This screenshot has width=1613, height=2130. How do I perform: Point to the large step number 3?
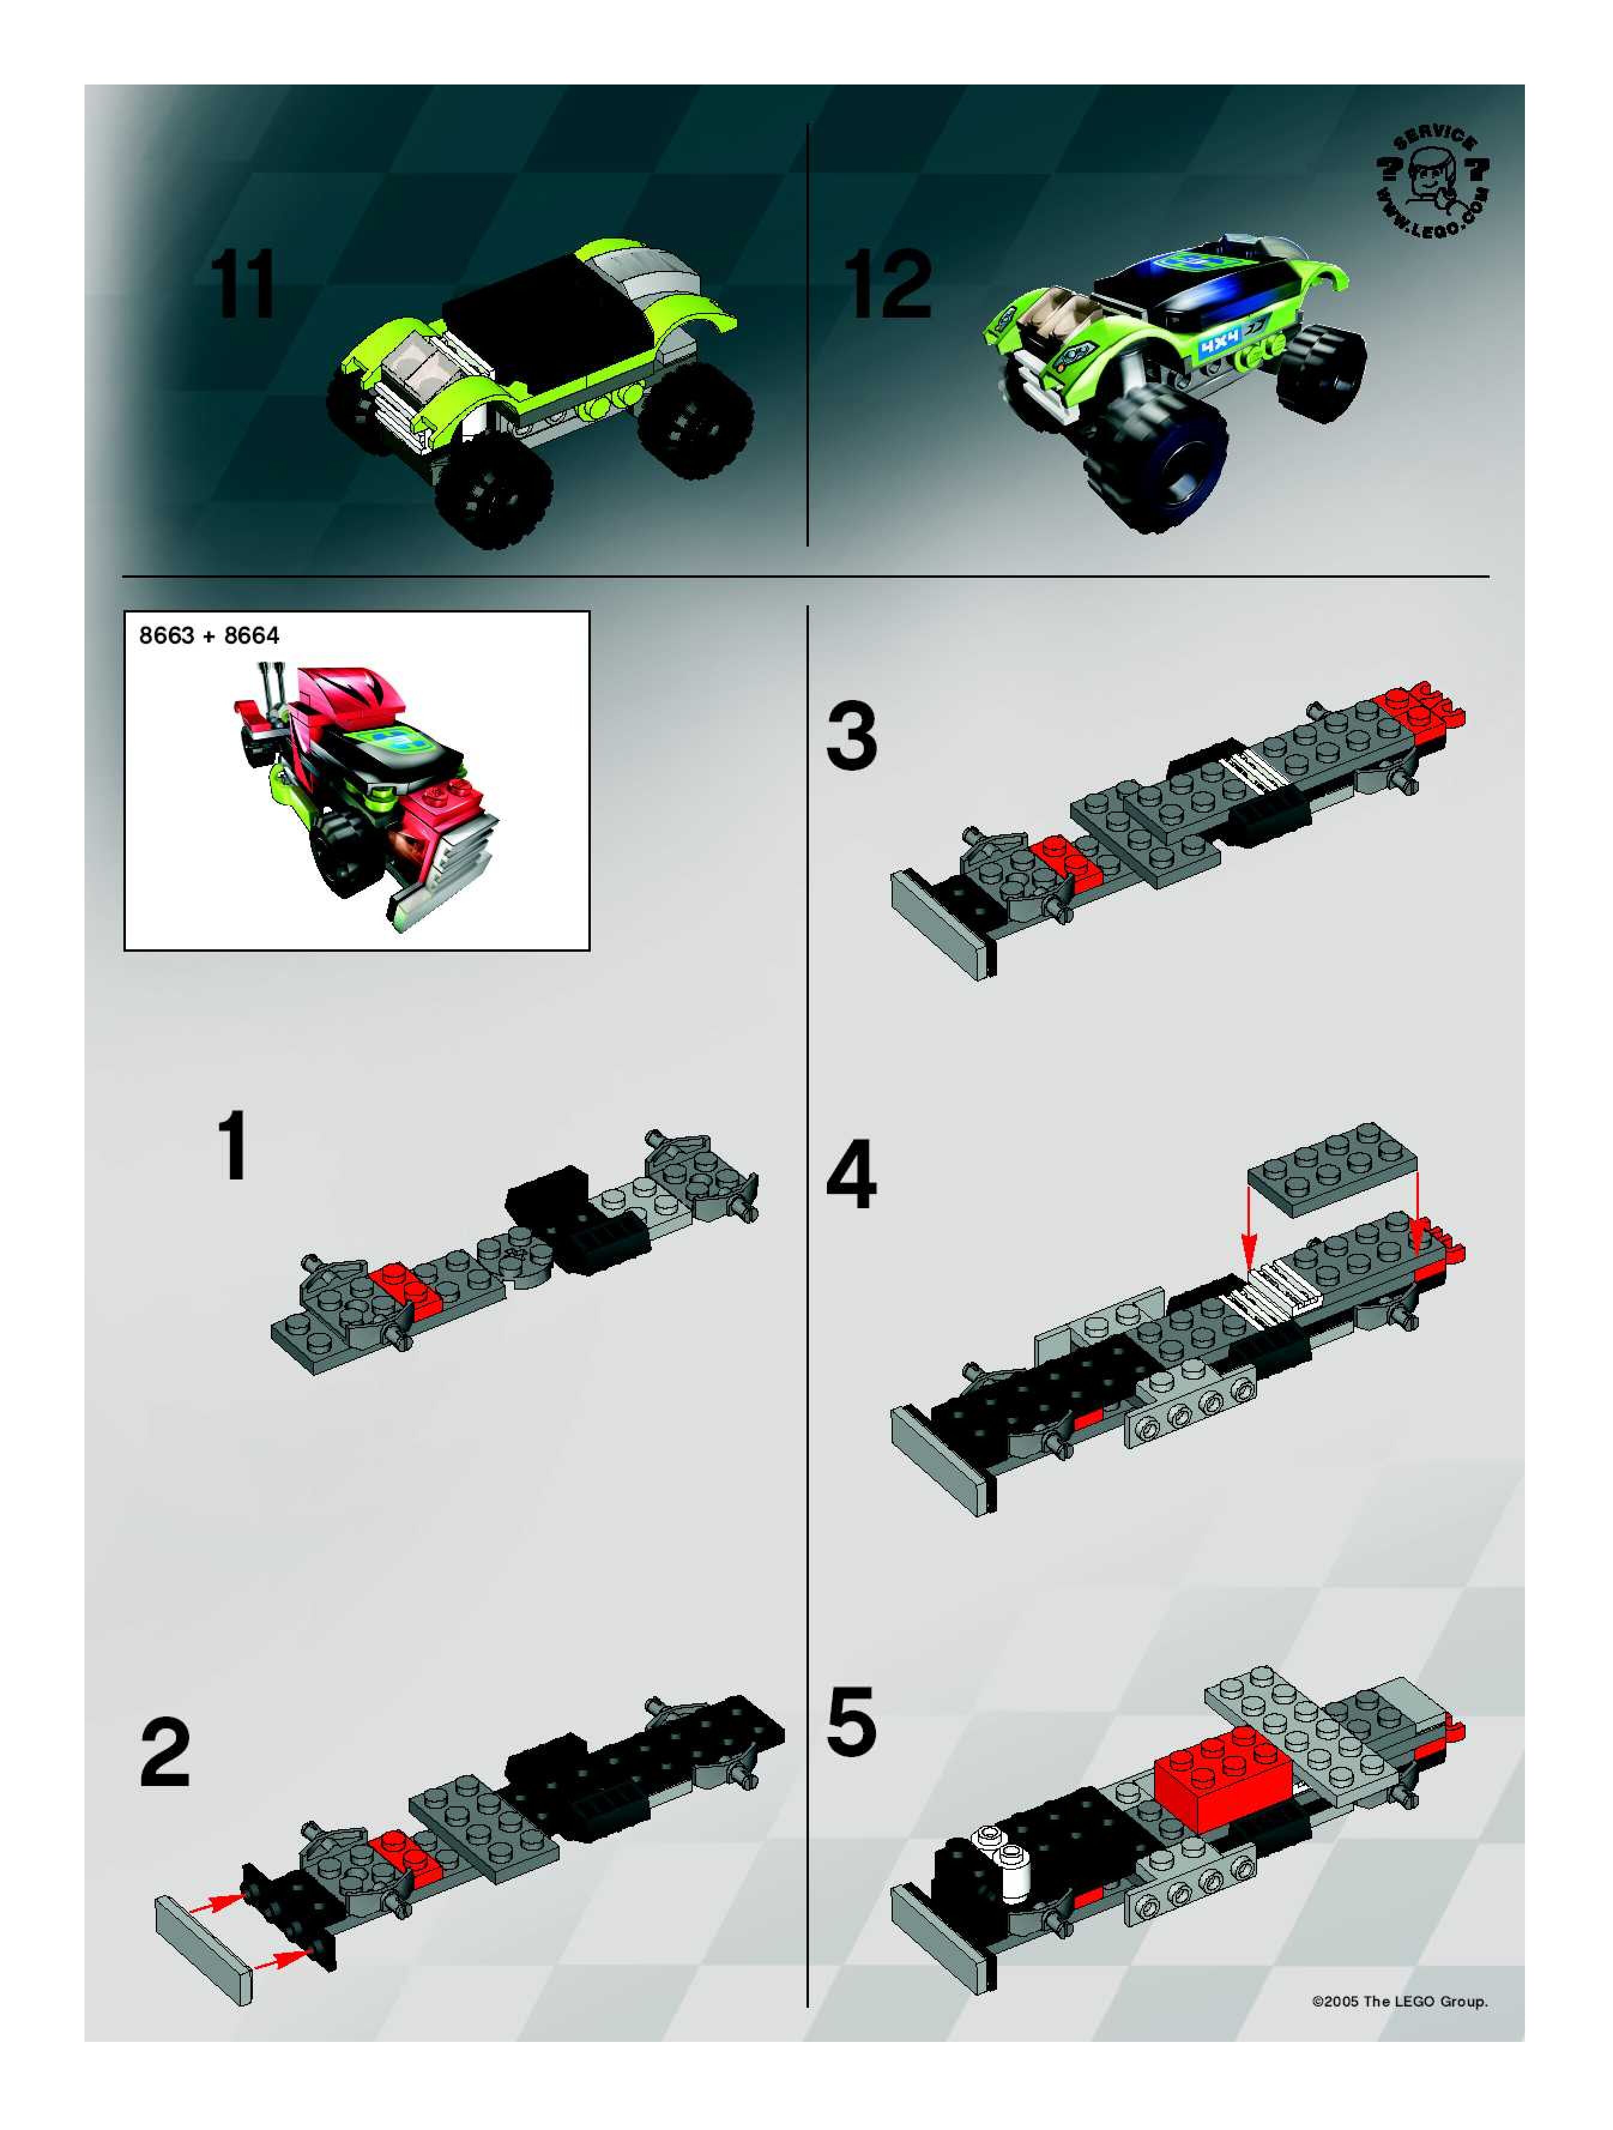[851, 737]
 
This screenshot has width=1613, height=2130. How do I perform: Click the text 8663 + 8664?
[209, 635]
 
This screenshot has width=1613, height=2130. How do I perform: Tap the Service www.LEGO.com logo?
[1432, 184]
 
